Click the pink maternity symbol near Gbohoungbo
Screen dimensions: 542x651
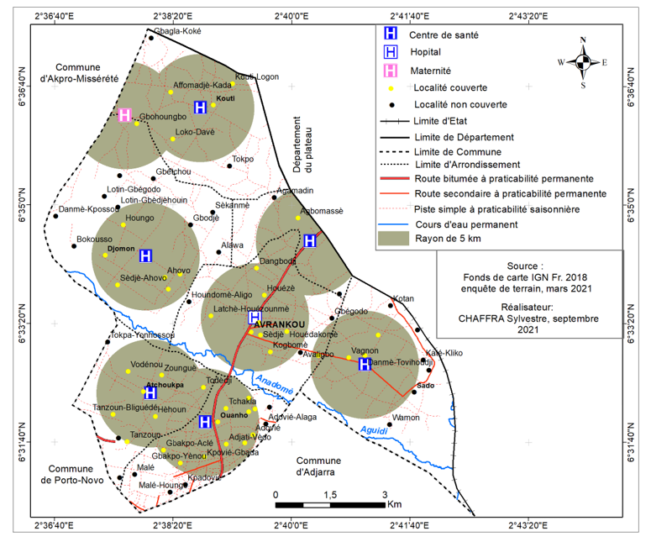[x=124, y=115]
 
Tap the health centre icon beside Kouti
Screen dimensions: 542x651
[x=200, y=107]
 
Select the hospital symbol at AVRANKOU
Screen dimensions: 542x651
[x=255, y=317]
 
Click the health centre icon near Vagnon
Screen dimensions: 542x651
[x=365, y=364]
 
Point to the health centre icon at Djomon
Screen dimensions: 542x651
[x=145, y=255]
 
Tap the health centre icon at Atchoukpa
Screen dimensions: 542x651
[x=150, y=392]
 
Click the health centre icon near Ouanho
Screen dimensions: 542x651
[x=205, y=422]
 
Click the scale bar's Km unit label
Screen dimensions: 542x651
[x=394, y=504]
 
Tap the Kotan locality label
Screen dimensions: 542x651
[x=403, y=298]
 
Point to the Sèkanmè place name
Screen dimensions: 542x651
[x=232, y=205]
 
